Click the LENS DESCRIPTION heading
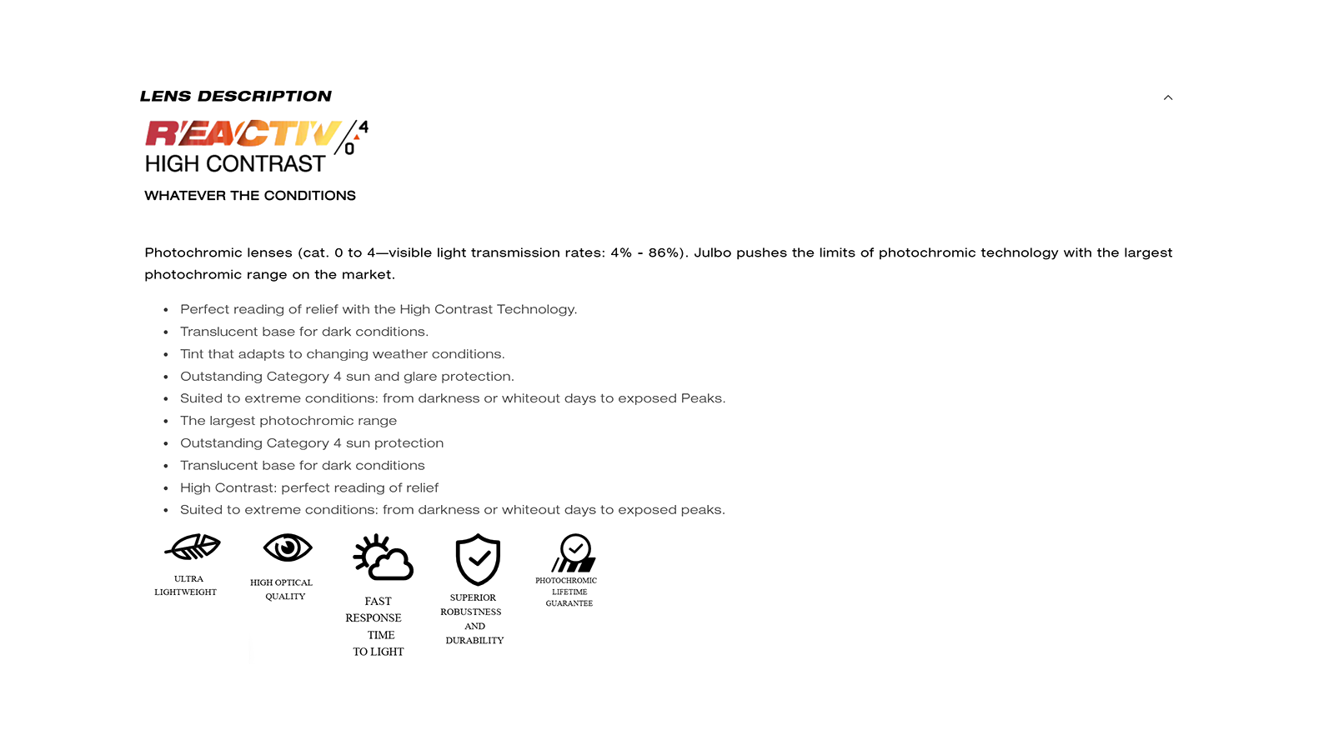(x=236, y=97)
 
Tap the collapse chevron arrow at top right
(x=1168, y=97)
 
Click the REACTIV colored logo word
(x=243, y=133)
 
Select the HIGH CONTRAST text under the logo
(x=235, y=164)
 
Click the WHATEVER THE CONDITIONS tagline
(x=250, y=196)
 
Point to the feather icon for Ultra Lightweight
(x=193, y=547)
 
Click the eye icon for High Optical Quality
(x=288, y=548)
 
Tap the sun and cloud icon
(x=383, y=557)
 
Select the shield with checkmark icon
(x=478, y=559)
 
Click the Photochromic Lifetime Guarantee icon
(x=574, y=553)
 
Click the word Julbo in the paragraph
(x=713, y=252)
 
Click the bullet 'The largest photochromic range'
(x=288, y=421)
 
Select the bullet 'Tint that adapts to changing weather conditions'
(x=342, y=354)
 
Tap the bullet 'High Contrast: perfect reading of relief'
(x=309, y=487)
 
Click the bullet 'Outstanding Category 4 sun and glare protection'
(x=347, y=377)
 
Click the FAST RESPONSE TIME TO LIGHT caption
(x=377, y=627)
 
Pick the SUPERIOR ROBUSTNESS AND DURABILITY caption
(x=474, y=619)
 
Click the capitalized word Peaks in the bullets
(x=701, y=398)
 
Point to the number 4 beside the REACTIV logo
(x=364, y=127)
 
